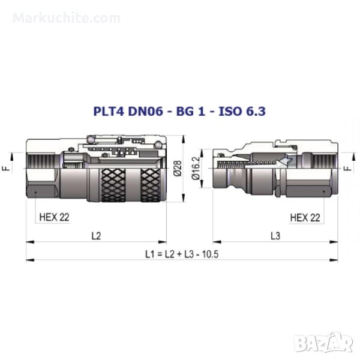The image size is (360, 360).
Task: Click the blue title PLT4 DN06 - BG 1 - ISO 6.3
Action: pos(179,111)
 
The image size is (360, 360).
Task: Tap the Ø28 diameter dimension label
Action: pos(178,168)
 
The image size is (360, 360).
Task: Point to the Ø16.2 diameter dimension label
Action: pos(196,168)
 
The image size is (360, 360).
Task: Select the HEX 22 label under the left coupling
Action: pos(54,217)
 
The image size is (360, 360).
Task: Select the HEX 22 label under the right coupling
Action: pos(305,217)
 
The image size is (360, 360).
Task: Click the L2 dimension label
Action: pos(96,236)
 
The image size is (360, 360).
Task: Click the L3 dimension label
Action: pos(275,236)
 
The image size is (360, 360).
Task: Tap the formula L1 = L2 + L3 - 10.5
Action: pos(182,254)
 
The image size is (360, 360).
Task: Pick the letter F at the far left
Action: pos(7,168)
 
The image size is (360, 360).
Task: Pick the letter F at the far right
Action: pos(348,168)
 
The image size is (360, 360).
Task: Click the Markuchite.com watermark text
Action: pos(67,18)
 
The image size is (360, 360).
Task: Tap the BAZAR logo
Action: pos(324,342)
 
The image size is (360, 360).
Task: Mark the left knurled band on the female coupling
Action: pos(113,185)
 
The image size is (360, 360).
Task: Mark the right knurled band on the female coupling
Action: pos(151,185)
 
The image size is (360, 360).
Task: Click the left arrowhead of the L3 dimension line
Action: pos(217,242)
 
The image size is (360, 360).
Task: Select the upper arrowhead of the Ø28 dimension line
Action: pos(183,139)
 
